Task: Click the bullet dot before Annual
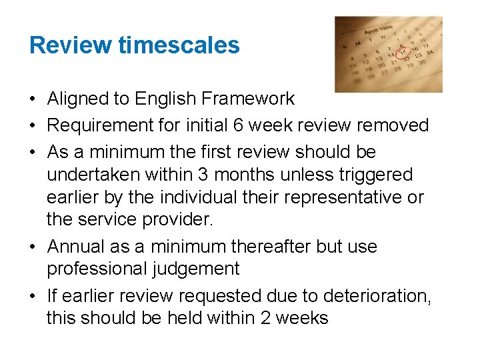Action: (33, 247)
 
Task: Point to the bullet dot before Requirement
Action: (33, 126)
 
